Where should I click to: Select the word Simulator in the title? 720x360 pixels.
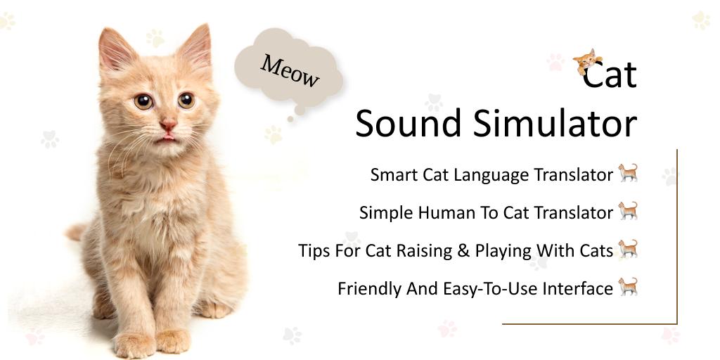tap(555, 124)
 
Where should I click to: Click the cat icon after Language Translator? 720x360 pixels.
tap(628, 172)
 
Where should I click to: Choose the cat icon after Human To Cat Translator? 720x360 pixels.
tap(628, 210)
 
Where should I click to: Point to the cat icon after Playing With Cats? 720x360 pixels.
tap(628, 248)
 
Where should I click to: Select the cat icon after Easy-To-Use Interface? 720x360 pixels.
tap(628, 286)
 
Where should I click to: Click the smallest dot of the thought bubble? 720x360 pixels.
tap(290, 119)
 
